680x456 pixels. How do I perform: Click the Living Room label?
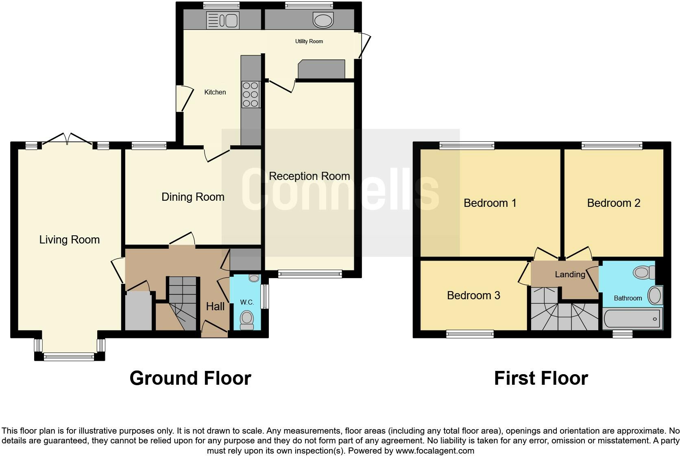(70, 240)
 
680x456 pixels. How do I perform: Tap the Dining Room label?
(193, 197)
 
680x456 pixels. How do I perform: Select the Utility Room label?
(309, 41)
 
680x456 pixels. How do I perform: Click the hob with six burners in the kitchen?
(251, 94)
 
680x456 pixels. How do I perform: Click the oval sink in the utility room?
(323, 20)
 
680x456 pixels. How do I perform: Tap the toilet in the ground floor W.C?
(247, 320)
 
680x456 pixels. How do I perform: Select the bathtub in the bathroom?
(632, 318)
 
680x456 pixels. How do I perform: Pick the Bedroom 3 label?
(473, 296)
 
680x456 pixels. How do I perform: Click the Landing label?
(570, 274)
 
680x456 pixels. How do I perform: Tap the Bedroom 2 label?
(614, 203)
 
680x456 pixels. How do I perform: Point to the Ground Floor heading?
(190, 378)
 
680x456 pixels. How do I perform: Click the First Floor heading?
(541, 378)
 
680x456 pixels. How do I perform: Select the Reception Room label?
(309, 176)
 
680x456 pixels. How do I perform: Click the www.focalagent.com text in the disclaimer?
(435, 451)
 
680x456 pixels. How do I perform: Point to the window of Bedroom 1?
(467, 145)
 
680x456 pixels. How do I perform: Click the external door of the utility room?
(364, 46)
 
